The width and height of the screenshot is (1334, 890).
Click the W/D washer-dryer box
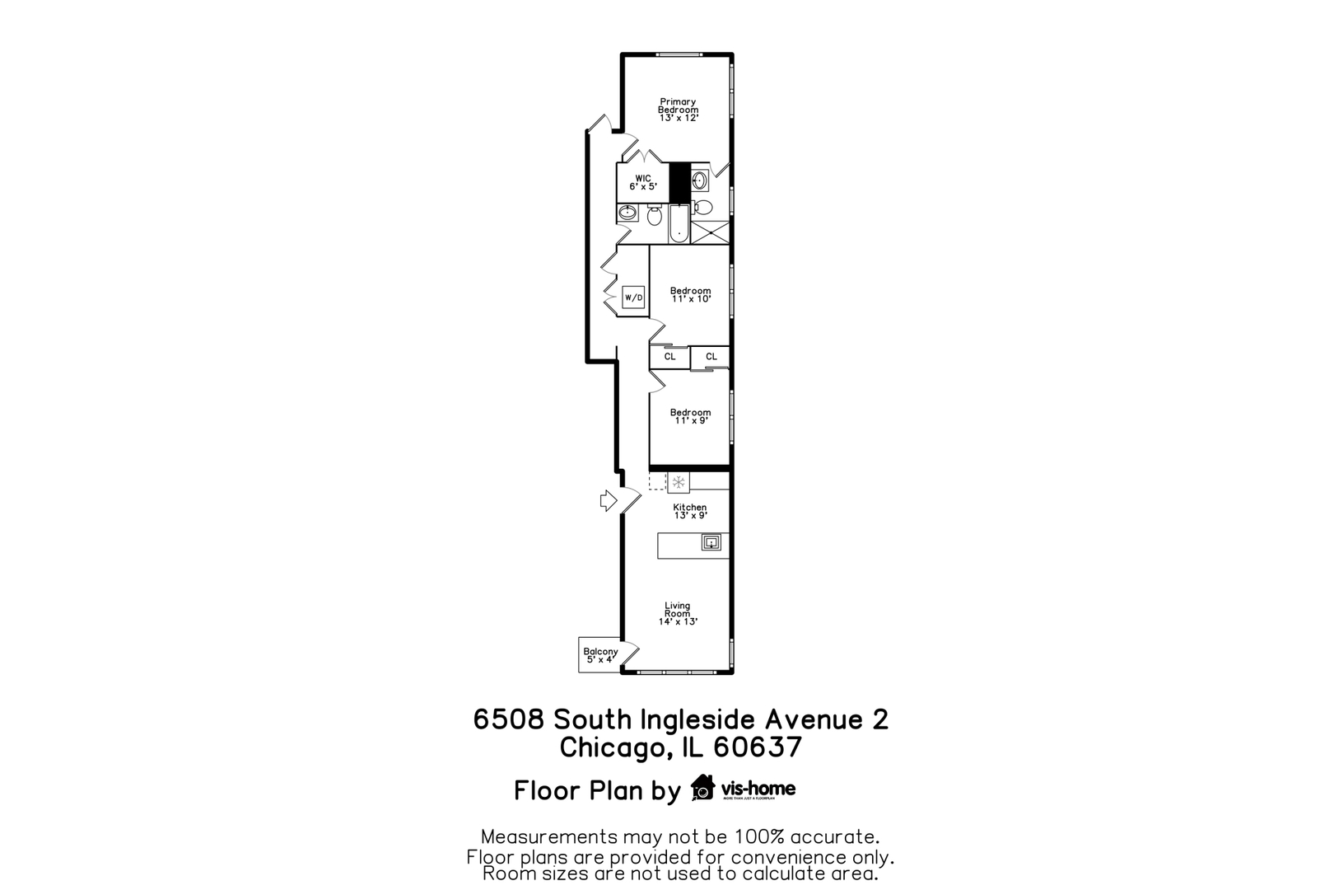[x=633, y=297]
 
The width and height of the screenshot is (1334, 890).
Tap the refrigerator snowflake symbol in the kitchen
[x=679, y=482]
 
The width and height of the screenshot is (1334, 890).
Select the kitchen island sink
[x=711, y=542]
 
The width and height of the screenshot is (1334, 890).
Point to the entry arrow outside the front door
[x=608, y=500]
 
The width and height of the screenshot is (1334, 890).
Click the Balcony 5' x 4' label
[x=600, y=656]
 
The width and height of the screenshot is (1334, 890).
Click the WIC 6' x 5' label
[x=643, y=182]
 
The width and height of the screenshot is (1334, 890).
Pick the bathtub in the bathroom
[x=679, y=223]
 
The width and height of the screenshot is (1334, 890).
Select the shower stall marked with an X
[x=710, y=232]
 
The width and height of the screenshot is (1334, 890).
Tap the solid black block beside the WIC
[x=679, y=182]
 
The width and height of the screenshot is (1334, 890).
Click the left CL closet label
[x=670, y=357]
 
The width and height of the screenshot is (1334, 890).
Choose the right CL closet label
[x=711, y=357]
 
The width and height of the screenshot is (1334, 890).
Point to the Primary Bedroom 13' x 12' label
[x=679, y=110]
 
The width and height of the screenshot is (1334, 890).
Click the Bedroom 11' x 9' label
[x=691, y=416]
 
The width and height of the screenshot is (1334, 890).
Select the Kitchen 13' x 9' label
[x=690, y=512]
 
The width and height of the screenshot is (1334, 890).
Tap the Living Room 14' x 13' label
[x=678, y=613]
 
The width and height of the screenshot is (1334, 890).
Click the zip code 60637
[x=758, y=747]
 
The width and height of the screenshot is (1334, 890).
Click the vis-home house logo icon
[x=702, y=787]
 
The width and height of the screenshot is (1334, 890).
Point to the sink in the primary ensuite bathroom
[x=699, y=180]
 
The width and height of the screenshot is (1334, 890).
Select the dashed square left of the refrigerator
[x=657, y=481]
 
